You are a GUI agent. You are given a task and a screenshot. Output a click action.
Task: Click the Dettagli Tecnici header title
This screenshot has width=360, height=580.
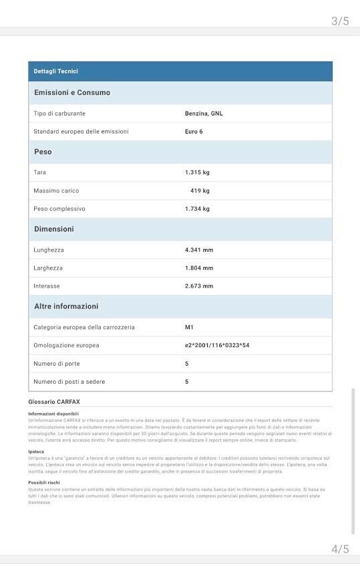(56, 71)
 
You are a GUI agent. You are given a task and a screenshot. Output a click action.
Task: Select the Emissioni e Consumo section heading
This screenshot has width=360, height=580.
(72, 93)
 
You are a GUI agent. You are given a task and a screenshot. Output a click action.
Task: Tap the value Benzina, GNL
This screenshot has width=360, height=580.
(204, 113)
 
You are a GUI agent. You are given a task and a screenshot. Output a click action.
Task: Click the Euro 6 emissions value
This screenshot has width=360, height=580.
(194, 131)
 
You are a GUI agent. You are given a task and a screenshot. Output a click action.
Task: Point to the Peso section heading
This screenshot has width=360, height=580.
(43, 152)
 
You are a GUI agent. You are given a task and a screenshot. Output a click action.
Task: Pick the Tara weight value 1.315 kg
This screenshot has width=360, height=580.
(197, 172)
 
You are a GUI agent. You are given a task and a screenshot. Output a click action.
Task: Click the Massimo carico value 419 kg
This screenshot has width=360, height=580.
(200, 191)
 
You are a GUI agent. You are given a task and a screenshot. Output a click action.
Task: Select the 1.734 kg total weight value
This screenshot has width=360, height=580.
(197, 209)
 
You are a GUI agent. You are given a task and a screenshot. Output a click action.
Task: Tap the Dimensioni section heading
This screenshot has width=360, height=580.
(54, 230)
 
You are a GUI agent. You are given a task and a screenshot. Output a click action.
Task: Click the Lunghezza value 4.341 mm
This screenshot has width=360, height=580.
(199, 250)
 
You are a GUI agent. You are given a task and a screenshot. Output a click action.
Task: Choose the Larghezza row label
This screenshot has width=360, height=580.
(48, 268)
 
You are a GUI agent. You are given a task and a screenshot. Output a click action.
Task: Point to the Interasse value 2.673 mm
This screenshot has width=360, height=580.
(199, 286)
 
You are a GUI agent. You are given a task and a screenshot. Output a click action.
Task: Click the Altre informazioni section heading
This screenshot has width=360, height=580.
(66, 306)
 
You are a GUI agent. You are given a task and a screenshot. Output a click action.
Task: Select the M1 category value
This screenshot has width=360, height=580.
(189, 327)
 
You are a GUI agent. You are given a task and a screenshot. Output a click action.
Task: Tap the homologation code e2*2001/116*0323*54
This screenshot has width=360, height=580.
(217, 345)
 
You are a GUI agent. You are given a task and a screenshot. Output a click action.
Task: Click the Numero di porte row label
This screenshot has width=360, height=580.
(59, 364)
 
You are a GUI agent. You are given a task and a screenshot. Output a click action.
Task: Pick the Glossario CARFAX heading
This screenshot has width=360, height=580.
(54, 402)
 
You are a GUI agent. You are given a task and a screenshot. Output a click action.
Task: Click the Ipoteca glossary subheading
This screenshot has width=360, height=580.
(37, 452)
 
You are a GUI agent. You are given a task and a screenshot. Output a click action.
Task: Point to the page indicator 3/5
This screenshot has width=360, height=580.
(340, 21)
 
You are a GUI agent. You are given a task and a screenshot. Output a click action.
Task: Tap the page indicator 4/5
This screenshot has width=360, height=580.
(340, 549)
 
